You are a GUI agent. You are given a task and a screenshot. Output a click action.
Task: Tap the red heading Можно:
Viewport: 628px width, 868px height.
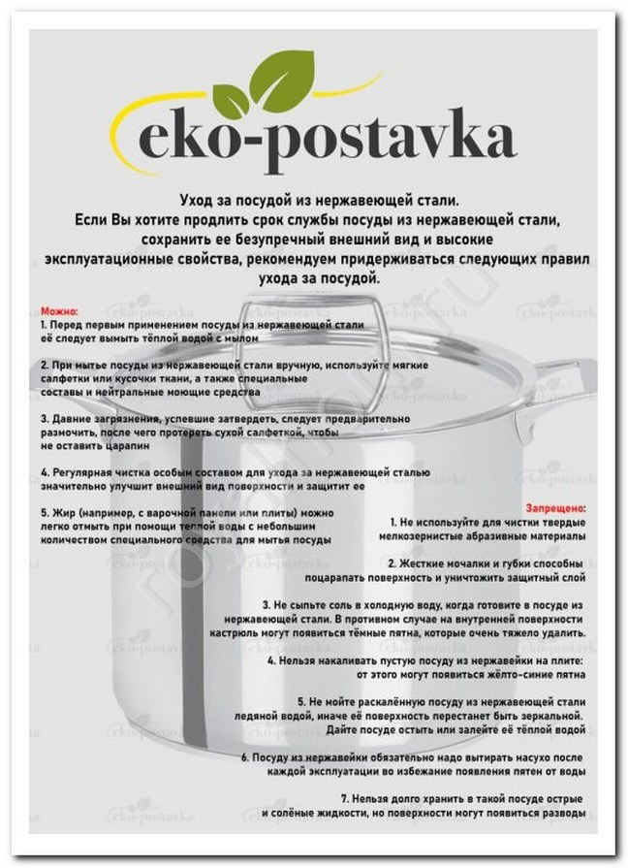pyautogui.click(x=57, y=310)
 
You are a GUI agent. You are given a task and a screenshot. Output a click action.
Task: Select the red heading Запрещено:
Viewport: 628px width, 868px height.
pyautogui.click(x=554, y=507)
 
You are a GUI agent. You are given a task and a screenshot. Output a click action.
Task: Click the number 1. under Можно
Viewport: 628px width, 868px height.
pyautogui.click(x=45, y=324)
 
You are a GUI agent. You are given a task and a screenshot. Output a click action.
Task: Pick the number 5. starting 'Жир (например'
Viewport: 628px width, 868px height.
pyautogui.click(x=45, y=511)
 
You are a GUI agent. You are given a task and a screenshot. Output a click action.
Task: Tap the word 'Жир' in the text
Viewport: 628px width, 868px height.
pyautogui.click(x=65, y=511)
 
